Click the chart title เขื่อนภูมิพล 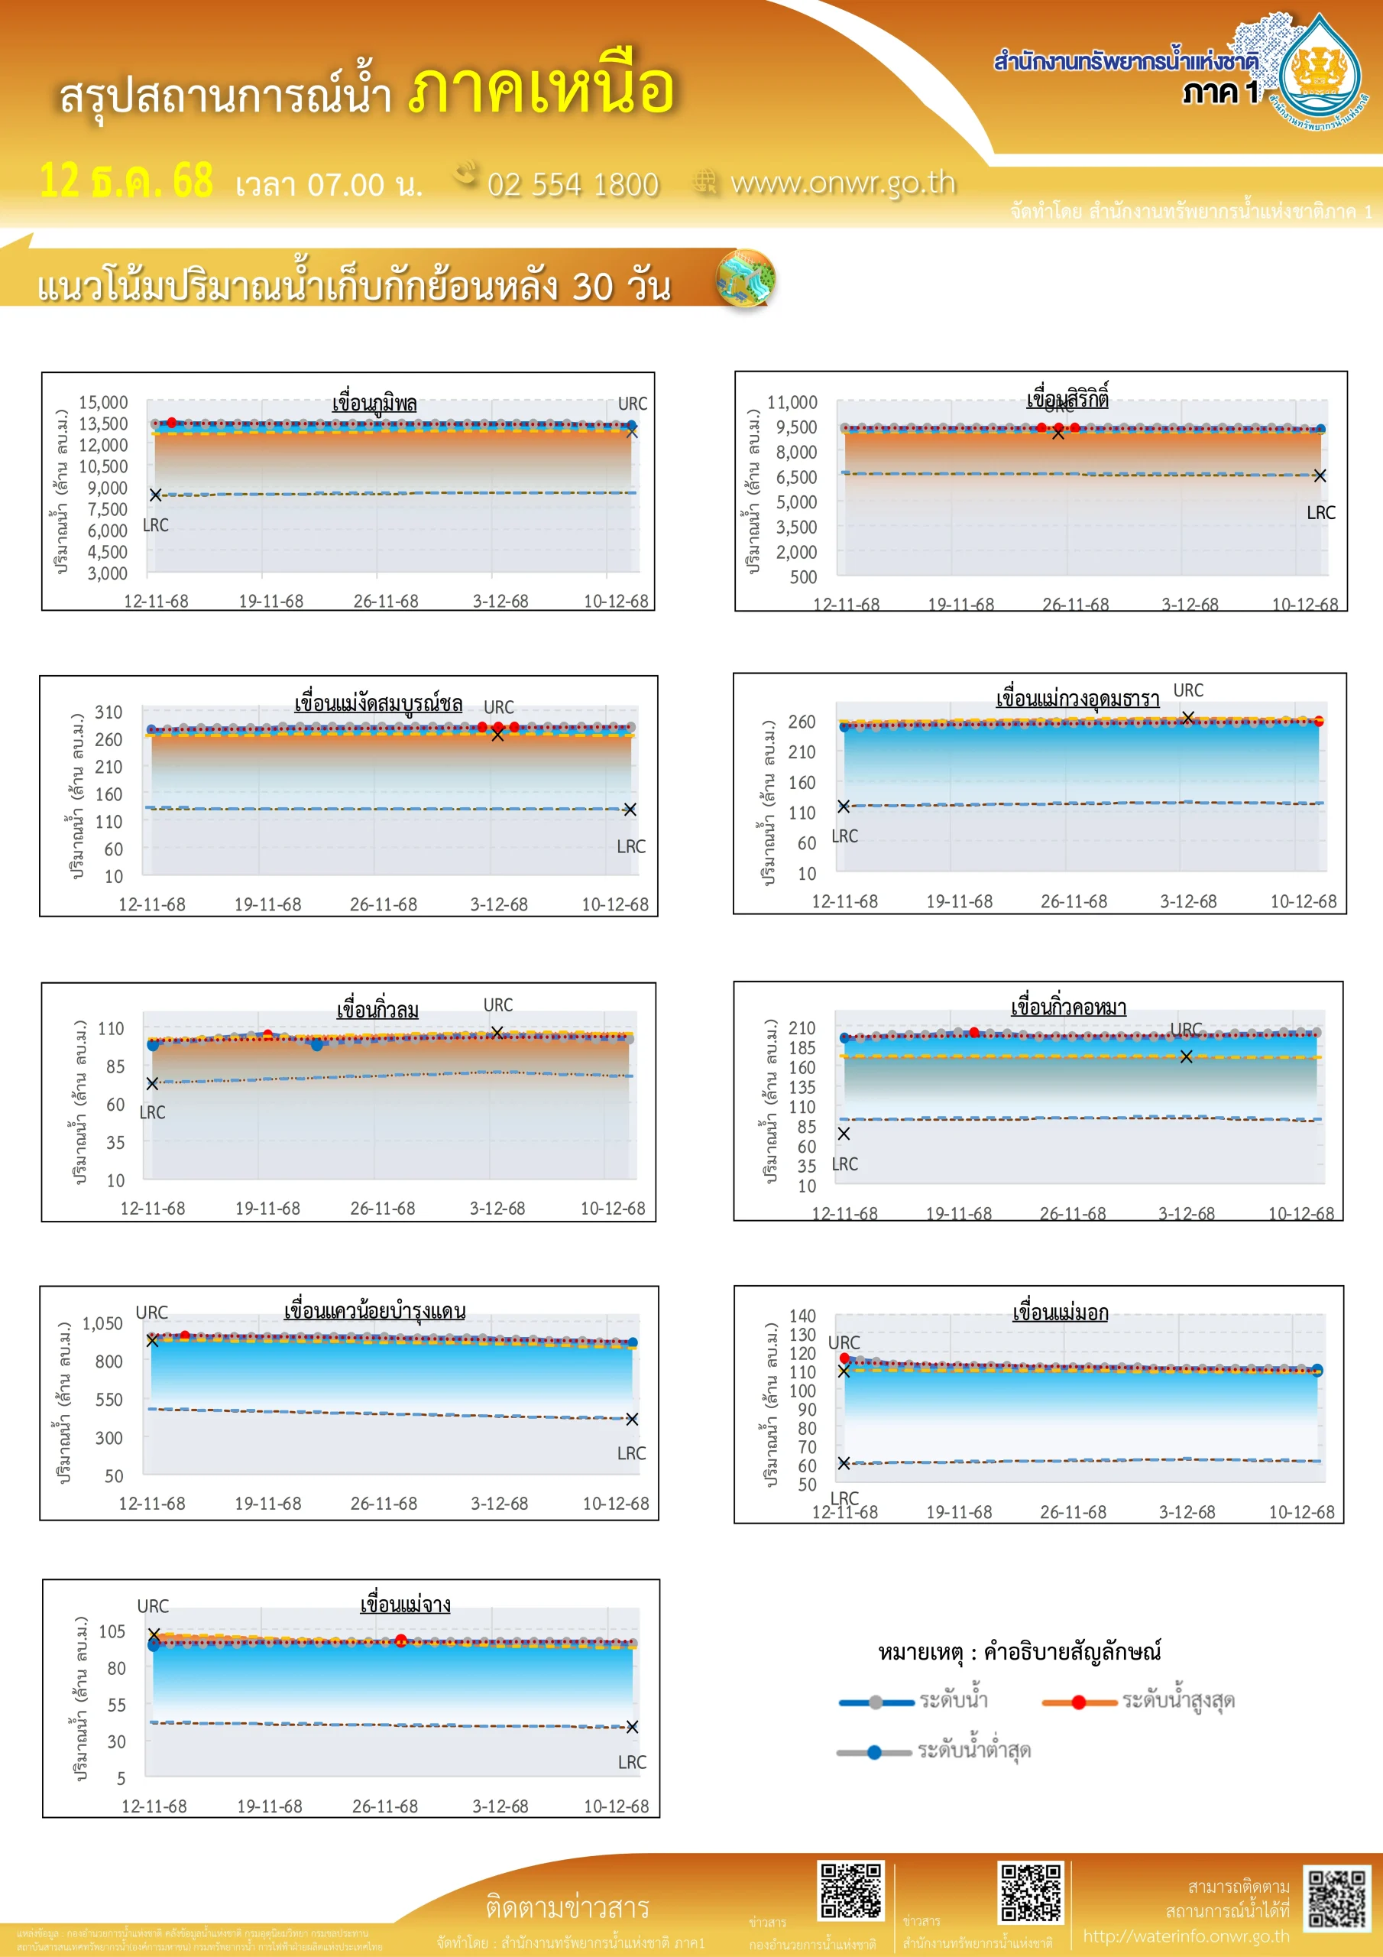pyautogui.click(x=374, y=403)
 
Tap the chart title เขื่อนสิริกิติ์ pyautogui.click(x=1067, y=399)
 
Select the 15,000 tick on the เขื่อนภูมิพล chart pyautogui.click(x=103, y=402)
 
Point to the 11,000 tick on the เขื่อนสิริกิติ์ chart pyautogui.click(x=792, y=402)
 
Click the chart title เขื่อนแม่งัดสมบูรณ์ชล pyautogui.click(x=378, y=704)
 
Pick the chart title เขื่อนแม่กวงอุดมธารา pyautogui.click(x=1077, y=699)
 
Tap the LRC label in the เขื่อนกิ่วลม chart pyautogui.click(x=153, y=1112)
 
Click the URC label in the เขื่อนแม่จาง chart pyautogui.click(x=154, y=1607)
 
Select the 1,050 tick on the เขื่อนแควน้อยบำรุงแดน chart pyautogui.click(x=102, y=1324)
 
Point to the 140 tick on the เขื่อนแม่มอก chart pyautogui.click(x=802, y=1316)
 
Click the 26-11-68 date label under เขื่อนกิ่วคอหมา pyautogui.click(x=1073, y=1214)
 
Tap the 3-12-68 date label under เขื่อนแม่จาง pyautogui.click(x=500, y=1806)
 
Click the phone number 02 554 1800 pyautogui.click(x=572, y=185)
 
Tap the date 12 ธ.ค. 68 pyautogui.click(x=126, y=180)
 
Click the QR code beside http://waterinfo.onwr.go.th pyautogui.click(x=1338, y=1900)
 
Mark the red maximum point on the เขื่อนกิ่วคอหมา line pyautogui.click(x=974, y=1032)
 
